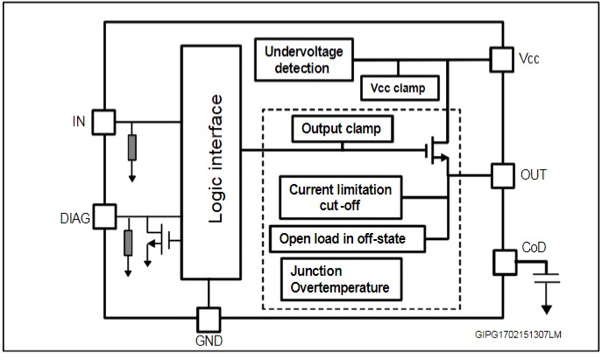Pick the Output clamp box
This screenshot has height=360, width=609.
341,130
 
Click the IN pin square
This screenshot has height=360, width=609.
104,120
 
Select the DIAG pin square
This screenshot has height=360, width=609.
104,215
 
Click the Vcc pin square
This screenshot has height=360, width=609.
500,60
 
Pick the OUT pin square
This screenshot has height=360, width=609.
500,174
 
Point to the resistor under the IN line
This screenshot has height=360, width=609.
131,148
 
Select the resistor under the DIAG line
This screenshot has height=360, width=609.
128,244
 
